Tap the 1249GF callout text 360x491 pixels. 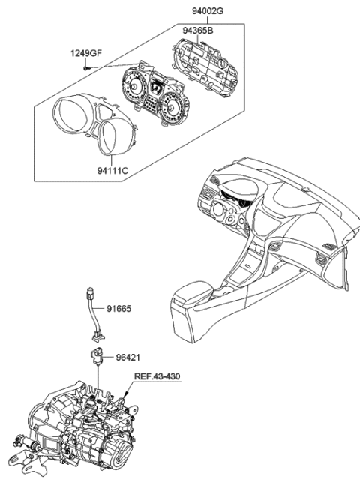click(x=87, y=54)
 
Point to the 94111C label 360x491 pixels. click(x=112, y=171)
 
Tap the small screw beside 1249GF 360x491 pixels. click(x=88, y=68)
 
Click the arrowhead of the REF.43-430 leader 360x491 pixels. click(x=127, y=395)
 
